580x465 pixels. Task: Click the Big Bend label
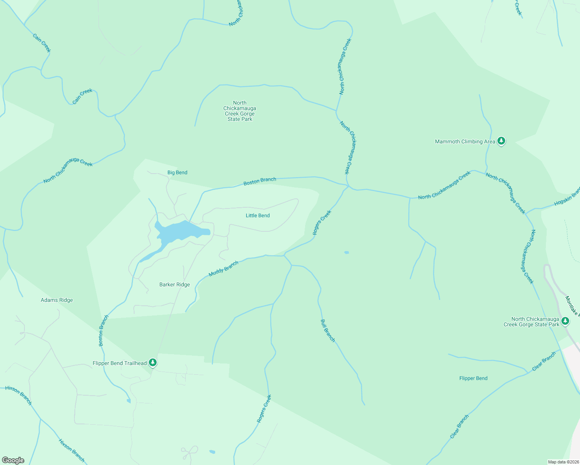click(x=177, y=172)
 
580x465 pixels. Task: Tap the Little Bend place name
click(x=257, y=215)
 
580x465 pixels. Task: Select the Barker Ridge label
click(x=174, y=284)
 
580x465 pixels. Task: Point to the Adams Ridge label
click(x=57, y=300)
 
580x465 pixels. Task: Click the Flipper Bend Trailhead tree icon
click(x=153, y=363)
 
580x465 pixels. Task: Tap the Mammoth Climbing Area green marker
click(x=501, y=141)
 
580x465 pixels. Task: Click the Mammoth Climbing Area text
click(x=465, y=141)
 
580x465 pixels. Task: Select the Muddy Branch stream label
click(x=223, y=269)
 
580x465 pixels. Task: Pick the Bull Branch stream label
click(x=328, y=331)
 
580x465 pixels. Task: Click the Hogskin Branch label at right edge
click(x=567, y=197)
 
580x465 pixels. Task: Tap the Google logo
click(x=13, y=460)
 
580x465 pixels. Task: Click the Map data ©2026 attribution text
click(x=563, y=462)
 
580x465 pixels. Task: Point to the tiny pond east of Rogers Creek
click(x=347, y=253)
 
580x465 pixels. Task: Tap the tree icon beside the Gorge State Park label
click(x=565, y=321)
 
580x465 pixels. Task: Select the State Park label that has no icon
click(x=240, y=111)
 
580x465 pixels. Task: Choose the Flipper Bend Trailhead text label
click(x=119, y=363)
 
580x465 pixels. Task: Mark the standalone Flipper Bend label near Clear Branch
click(x=473, y=378)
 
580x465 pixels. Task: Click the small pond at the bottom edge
click(x=212, y=452)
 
